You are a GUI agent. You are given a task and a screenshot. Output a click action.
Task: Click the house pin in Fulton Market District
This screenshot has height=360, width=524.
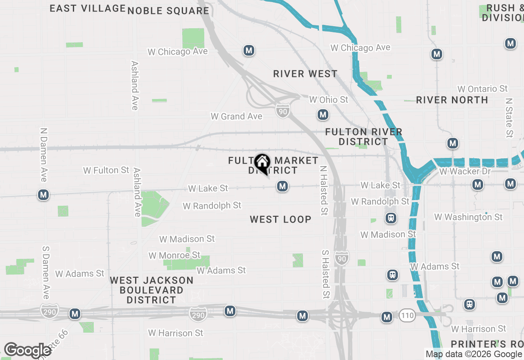tap(262, 163)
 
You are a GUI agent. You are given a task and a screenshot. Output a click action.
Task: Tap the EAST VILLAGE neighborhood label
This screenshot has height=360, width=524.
tap(88, 8)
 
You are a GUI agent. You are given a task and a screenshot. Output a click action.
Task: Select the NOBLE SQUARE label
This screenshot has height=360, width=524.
tap(168, 11)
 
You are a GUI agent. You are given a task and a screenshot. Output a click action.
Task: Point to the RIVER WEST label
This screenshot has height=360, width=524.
tap(305, 74)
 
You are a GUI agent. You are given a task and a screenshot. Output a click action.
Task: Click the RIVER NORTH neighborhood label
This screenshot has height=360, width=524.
tap(452, 100)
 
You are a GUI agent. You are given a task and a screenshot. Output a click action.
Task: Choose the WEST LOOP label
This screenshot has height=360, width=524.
tap(281, 220)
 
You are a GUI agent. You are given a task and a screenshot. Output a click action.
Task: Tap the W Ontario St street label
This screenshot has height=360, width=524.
tap(483, 89)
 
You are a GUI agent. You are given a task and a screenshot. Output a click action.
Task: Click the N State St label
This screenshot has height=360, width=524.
tap(509, 117)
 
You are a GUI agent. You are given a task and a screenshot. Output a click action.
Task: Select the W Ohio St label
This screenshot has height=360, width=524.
tap(329, 100)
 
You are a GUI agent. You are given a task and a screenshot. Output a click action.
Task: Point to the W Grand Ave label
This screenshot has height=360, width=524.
tap(236, 117)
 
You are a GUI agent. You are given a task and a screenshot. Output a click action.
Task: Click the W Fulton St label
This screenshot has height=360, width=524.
tap(106, 170)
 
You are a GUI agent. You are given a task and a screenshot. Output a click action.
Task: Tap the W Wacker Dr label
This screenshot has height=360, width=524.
tap(465, 171)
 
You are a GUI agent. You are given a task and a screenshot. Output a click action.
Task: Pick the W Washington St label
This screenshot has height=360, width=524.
tap(468, 217)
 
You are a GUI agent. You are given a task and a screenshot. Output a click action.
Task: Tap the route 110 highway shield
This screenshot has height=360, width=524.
tap(408, 315)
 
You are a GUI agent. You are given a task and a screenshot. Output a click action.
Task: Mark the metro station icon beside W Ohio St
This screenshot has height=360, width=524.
tap(323, 115)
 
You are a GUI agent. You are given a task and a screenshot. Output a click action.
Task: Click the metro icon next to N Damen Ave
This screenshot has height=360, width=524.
tap(44, 195)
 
